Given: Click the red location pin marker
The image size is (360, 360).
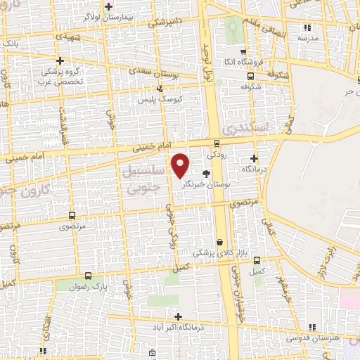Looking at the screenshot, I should click(x=181, y=166).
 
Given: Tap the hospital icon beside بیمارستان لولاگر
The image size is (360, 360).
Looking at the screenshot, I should click(x=108, y=7).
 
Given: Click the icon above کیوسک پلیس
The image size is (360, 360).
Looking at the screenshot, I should click(x=161, y=89).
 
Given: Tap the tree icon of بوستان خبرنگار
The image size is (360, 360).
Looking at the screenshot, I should click(x=206, y=172).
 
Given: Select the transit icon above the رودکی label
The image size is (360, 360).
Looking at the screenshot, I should click(x=216, y=143).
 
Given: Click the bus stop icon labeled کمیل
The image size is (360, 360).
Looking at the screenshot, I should click(x=256, y=260).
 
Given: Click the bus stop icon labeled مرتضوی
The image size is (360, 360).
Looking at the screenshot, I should click(x=72, y=216).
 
